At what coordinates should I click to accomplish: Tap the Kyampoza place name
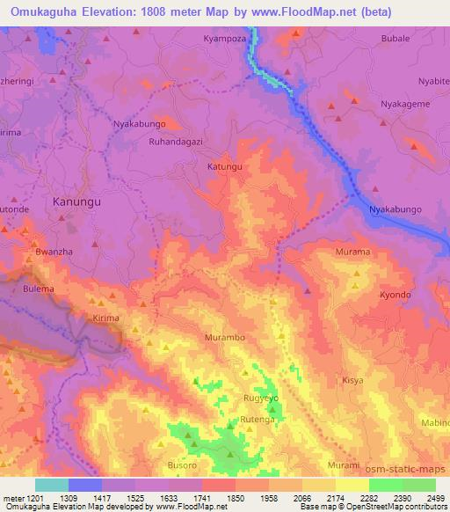tap(224, 40)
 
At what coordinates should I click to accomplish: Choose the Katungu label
tap(223, 165)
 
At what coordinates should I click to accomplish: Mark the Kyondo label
tap(395, 295)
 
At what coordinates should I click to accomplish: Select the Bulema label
tap(39, 289)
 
